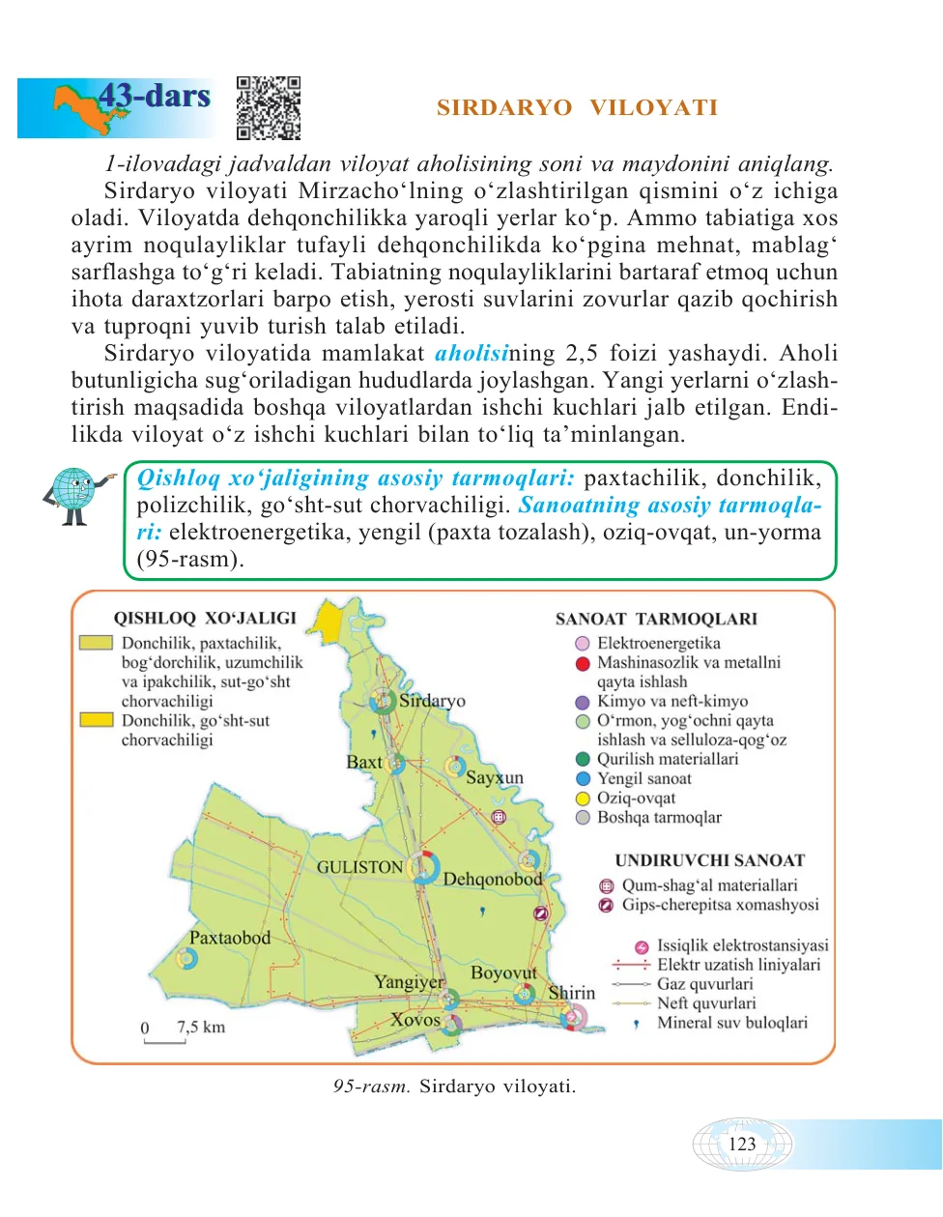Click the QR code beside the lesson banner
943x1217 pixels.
coord(269,108)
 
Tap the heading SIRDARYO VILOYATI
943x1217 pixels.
coord(577,107)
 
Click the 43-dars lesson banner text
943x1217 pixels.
coord(155,97)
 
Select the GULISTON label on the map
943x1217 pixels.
coord(359,867)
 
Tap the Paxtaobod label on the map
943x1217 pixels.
coord(229,938)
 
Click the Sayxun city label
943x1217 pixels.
coord(494,777)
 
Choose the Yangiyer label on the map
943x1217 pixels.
coord(409,982)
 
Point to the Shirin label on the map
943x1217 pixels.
coord(571,993)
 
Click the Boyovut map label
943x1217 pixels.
coord(503,972)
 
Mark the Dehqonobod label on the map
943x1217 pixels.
coord(493,880)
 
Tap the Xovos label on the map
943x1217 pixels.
coord(415,1020)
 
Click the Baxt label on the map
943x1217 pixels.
coord(364,762)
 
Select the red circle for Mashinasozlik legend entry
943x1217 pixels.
coord(583,663)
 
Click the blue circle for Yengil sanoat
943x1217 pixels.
coord(583,779)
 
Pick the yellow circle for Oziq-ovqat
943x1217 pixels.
coord(583,798)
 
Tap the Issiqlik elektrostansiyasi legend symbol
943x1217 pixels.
coord(641,947)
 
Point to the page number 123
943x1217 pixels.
coord(742,1145)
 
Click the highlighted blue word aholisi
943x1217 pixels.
coord(471,354)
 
